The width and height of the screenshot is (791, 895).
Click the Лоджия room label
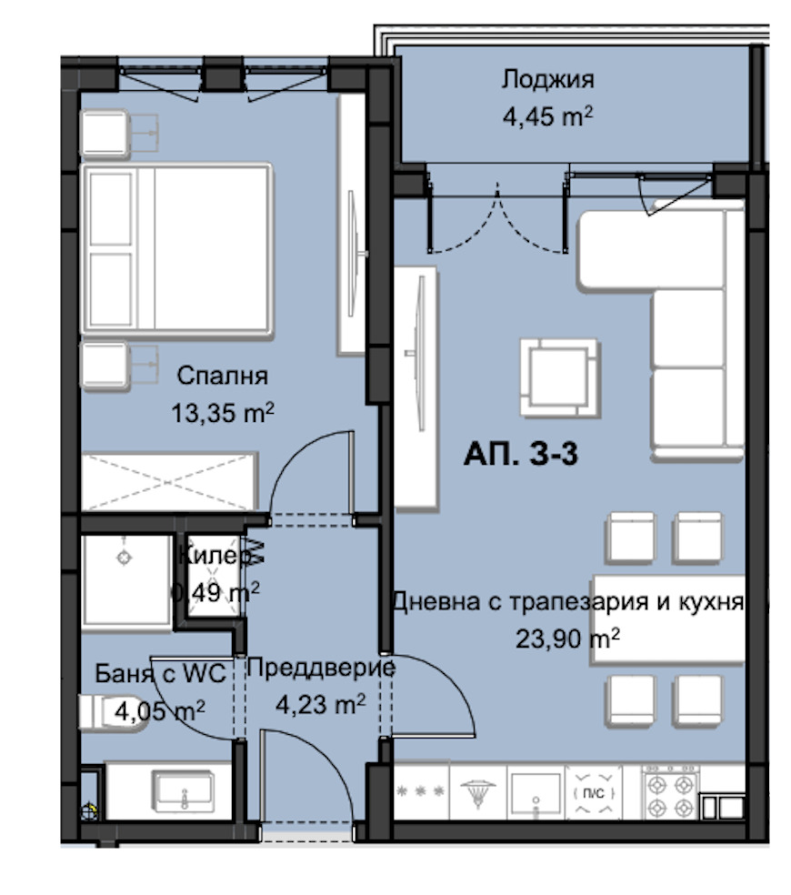click(548, 79)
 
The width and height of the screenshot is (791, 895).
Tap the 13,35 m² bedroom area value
click(223, 412)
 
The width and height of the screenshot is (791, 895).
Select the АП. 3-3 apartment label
click(520, 455)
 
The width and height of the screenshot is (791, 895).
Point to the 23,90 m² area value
click(568, 639)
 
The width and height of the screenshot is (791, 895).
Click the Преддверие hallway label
click(321, 668)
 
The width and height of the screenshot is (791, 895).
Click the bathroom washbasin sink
click(183, 791)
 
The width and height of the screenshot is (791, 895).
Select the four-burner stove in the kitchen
click(671, 793)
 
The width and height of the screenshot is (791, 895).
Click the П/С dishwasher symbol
click(594, 793)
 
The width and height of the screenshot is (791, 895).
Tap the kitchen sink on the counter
click(536, 794)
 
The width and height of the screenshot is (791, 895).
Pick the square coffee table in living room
click(560, 377)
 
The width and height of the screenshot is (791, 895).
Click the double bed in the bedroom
click(176, 248)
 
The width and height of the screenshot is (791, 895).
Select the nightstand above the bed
click(105, 134)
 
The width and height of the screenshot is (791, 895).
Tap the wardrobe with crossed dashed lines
click(169, 482)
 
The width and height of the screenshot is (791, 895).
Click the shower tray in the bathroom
click(126, 581)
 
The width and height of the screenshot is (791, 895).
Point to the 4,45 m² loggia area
click(548, 116)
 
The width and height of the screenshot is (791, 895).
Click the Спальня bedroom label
click(222, 377)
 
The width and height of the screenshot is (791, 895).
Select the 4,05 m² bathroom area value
click(160, 711)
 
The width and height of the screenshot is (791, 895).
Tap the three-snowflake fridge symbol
click(421, 791)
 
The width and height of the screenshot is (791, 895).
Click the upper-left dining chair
click(631, 538)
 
